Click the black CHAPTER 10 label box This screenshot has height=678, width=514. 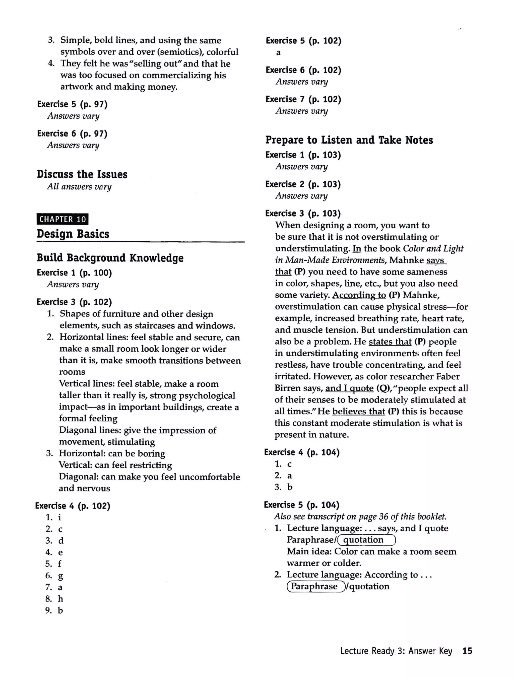click(62, 219)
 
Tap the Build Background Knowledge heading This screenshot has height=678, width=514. click(110, 258)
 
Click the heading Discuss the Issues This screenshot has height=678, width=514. click(82, 174)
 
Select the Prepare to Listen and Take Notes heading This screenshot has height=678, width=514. click(349, 140)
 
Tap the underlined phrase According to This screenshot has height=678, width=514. click(359, 295)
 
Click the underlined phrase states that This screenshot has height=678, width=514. click(390, 342)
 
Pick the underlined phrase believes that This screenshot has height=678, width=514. click(358, 411)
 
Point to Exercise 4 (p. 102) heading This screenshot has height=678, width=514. click(73, 506)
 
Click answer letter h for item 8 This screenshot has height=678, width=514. click(60, 599)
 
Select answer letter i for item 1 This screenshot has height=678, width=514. click(59, 517)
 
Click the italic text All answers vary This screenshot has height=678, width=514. click(79, 186)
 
